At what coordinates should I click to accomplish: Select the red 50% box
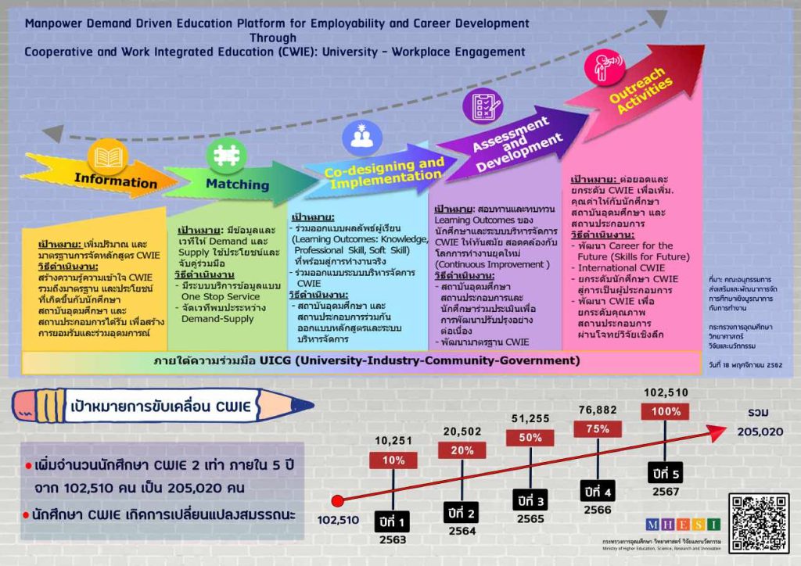pyautogui.click(x=530, y=438)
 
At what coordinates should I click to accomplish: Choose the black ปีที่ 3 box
pyautogui.click(x=530, y=499)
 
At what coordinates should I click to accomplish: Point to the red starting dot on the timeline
pyautogui.click(x=338, y=500)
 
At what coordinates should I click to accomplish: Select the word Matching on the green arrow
pyautogui.click(x=237, y=184)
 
